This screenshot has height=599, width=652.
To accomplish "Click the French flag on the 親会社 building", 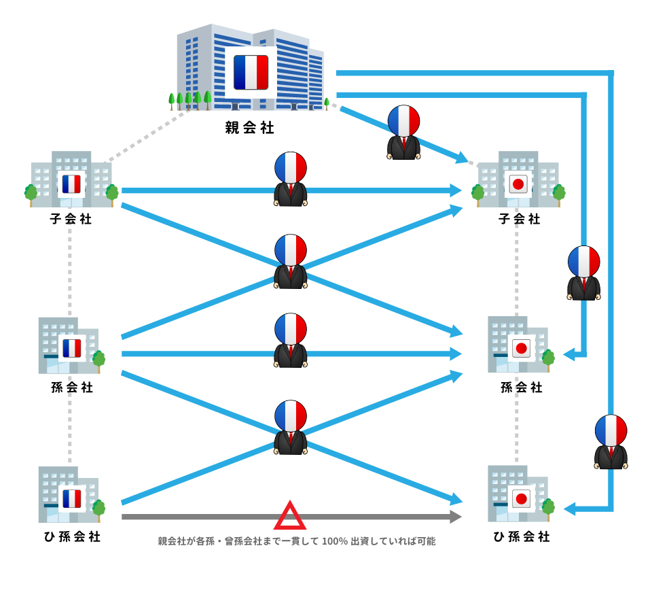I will [251, 72].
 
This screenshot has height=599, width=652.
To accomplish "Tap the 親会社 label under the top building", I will [249, 127].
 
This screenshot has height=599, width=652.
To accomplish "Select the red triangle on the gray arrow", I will [290, 516].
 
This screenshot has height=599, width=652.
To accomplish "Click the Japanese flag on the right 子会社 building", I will [518, 184].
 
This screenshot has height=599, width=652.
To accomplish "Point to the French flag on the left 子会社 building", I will [71, 184].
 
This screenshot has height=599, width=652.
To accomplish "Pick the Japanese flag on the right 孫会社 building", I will [521, 348].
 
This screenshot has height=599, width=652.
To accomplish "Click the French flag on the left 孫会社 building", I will [72, 348].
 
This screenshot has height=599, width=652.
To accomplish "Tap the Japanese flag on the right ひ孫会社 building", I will [521, 499].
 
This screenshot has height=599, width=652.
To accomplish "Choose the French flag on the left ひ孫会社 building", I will [72, 499].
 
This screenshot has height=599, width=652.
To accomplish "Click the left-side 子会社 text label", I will [71, 220].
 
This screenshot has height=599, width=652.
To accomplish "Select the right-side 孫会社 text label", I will [521, 388].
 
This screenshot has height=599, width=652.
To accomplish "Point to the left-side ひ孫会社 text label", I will [72, 536].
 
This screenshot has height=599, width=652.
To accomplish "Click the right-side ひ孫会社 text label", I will [521, 536].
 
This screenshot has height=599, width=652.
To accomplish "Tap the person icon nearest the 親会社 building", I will [403, 132].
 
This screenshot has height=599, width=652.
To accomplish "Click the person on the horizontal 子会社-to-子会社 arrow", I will [290, 179].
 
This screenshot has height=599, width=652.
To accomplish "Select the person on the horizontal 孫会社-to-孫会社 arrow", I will [290, 340].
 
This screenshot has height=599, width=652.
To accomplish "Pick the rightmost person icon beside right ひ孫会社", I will [611, 441].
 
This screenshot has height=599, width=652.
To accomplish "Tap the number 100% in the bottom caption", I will [334, 542].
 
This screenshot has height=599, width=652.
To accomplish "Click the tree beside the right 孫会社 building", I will [548, 358].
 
